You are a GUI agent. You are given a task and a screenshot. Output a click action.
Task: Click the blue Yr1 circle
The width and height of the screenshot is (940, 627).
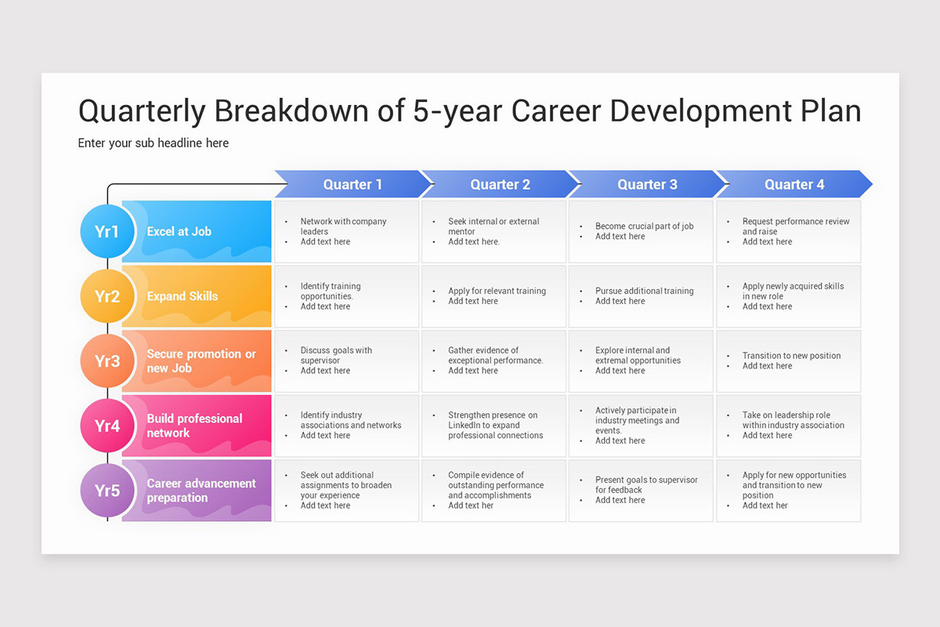click(107, 231)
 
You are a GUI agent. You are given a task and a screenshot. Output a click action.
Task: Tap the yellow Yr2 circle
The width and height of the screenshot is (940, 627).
click(107, 296)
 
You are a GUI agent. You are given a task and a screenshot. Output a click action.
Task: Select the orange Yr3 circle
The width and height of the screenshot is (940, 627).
click(107, 361)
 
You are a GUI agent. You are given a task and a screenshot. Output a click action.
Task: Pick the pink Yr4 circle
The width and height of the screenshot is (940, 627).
click(107, 426)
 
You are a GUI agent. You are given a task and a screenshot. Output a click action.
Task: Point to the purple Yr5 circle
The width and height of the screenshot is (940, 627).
click(107, 491)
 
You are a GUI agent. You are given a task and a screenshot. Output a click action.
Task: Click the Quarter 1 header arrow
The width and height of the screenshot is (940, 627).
click(352, 184)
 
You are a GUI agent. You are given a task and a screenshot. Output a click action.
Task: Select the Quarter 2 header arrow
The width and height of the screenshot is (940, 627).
click(500, 184)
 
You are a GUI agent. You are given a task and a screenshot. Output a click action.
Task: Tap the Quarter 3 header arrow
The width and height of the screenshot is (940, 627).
click(647, 184)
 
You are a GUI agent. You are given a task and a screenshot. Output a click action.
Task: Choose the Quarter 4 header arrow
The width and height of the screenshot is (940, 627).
click(794, 184)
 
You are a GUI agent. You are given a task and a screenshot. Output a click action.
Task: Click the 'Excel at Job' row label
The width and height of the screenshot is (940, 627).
click(179, 231)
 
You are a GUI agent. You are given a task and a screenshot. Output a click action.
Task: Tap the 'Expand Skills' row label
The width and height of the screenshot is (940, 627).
click(183, 296)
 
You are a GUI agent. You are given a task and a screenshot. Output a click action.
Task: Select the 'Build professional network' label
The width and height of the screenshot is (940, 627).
click(194, 426)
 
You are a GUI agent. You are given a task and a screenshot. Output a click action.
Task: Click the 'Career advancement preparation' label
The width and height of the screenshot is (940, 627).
click(201, 491)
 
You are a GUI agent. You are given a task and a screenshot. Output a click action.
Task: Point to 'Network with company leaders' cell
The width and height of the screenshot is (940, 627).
click(347, 231)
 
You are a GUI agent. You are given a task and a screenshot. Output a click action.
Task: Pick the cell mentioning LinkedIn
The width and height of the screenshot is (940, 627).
click(493, 426)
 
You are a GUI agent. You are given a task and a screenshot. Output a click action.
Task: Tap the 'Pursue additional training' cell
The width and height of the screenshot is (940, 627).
click(642, 296)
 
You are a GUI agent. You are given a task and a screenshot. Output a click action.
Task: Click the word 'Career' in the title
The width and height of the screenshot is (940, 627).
click(557, 111)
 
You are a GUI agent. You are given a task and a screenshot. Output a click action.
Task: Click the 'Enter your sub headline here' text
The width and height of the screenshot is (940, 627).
click(154, 143)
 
